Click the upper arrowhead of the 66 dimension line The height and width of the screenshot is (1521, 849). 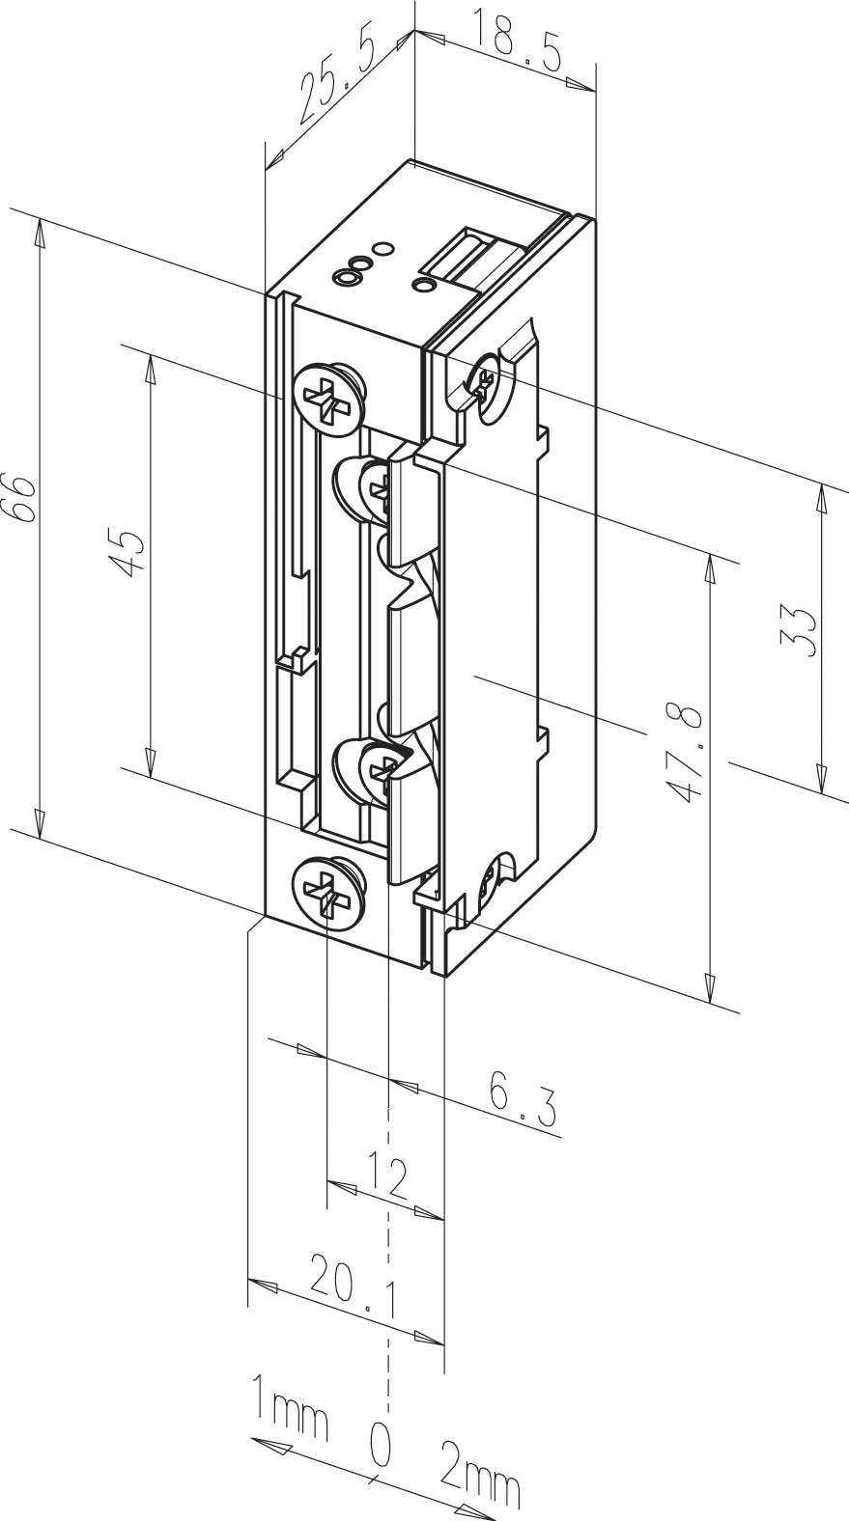(x=40, y=235)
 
